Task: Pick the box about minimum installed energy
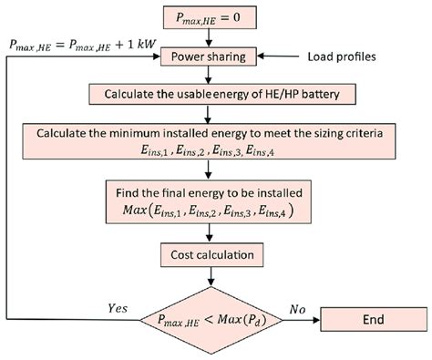pos(212,144)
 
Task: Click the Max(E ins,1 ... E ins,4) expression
pos(212,211)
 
